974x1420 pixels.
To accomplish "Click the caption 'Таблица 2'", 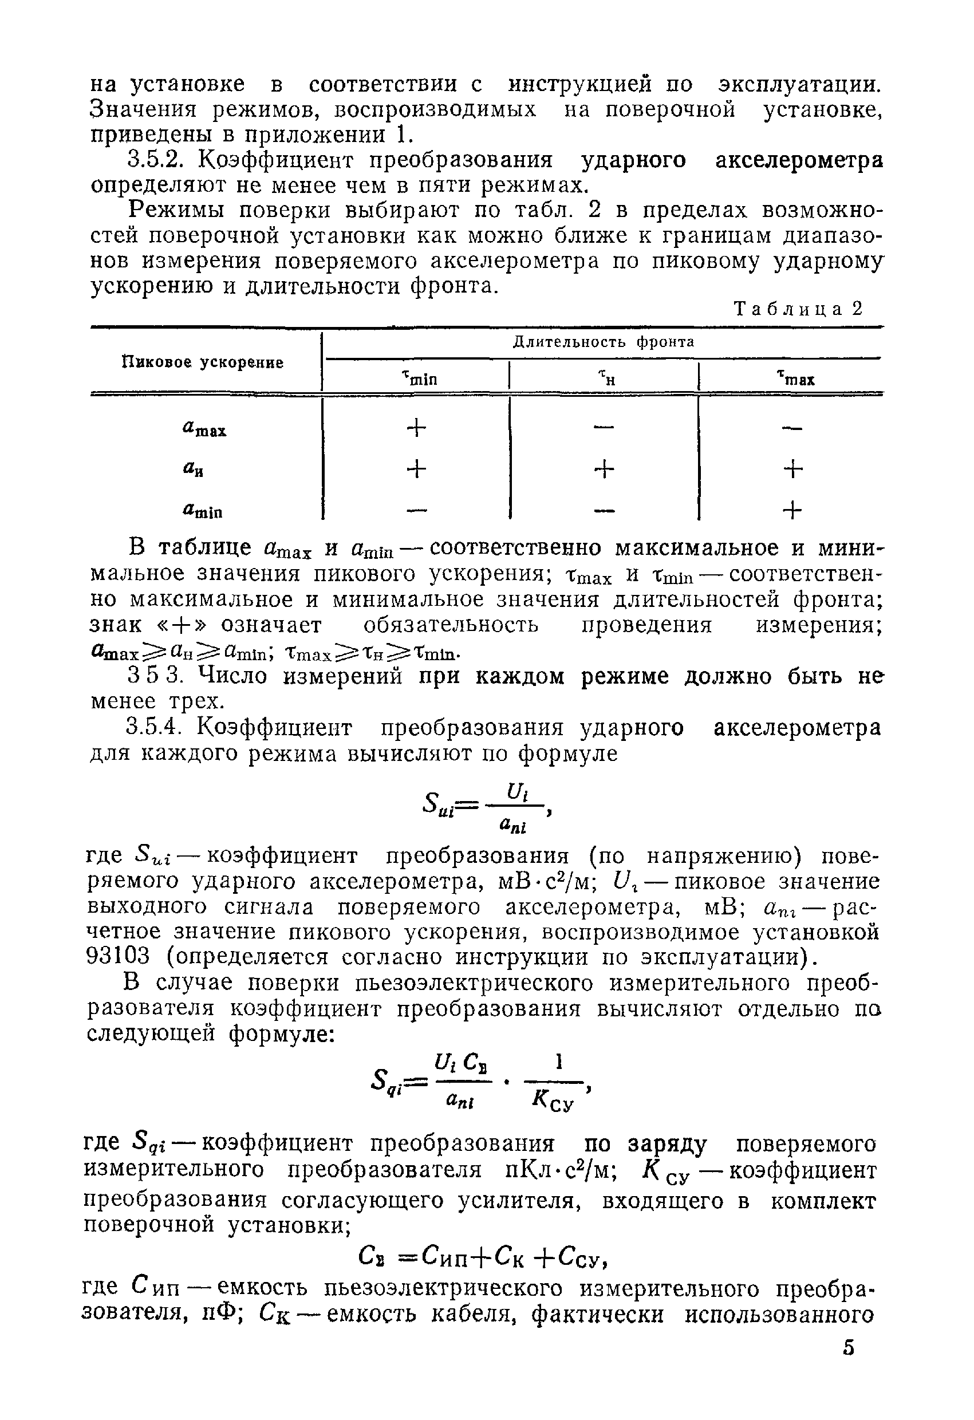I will tap(798, 309).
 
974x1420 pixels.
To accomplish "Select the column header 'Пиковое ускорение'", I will tap(203, 362).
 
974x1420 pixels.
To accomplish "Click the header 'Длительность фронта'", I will tap(603, 342).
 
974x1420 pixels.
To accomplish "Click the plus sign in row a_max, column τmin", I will tap(416, 428).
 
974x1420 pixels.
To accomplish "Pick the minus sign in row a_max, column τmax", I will tap(792, 428).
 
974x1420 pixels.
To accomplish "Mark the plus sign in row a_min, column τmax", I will tap(792, 510).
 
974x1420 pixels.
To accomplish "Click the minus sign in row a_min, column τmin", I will tap(416, 510).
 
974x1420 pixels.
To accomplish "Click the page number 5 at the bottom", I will tap(848, 1365).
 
